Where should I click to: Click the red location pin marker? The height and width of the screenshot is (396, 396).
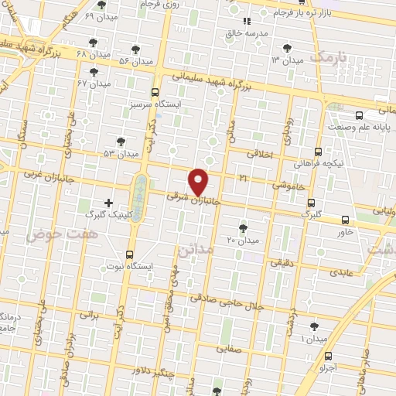[x=200, y=181]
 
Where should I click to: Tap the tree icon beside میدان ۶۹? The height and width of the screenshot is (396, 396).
[x=101, y=5]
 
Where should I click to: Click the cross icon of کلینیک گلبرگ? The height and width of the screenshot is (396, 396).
[x=108, y=203]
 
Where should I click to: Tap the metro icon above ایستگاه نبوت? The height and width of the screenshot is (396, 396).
[x=129, y=254]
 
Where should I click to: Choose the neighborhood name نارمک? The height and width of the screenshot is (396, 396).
[x=328, y=56]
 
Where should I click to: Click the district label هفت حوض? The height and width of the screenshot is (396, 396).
[x=54, y=233]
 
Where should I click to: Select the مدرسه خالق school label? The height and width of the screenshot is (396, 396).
[x=247, y=34]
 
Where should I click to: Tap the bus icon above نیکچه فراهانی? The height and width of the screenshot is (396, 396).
[x=319, y=153]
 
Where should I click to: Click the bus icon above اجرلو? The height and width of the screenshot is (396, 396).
[x=330, y=357]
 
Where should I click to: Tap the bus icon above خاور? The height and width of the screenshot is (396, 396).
[x=344, y=219]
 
